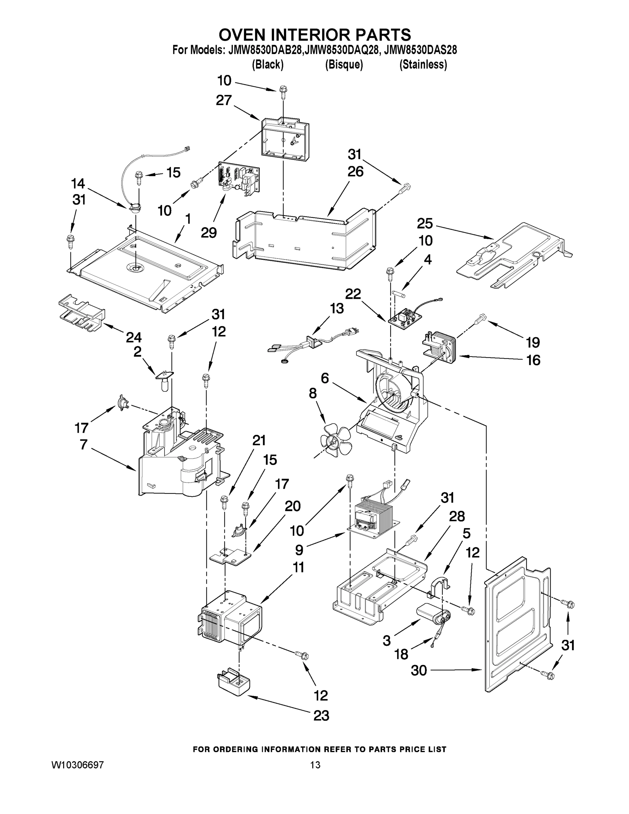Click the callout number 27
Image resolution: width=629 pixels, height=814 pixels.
click(x=224, y=100)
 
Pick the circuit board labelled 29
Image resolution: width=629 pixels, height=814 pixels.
click(x=238, y=179)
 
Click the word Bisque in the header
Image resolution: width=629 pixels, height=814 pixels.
click(x=344, y=64)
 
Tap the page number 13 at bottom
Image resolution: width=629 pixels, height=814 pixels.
click(x=315, y=765)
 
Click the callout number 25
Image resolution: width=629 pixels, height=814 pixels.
click(x=425, y=223)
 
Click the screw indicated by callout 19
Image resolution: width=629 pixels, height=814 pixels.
click(x=481, y=319)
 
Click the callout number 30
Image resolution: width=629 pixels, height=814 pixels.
click(x=418, y=670)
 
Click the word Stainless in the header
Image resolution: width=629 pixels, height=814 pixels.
click(x=423, y=64)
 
